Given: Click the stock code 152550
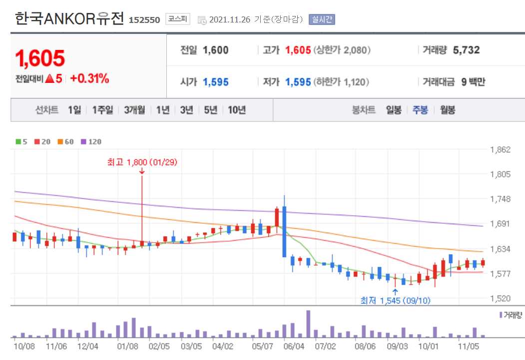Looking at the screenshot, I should click(144, 20).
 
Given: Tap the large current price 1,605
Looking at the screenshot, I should click(40, 58).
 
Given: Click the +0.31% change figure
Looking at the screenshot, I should click(89, 79).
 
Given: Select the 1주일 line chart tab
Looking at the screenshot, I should click(102, 110).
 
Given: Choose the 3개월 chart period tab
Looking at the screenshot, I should click(134, 110).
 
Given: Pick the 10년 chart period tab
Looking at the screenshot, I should click(237, 110).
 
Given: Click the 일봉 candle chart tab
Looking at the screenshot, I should click(394, 110).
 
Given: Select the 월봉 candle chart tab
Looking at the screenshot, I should click(448, 110).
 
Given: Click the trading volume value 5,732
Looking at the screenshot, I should click(466, 50).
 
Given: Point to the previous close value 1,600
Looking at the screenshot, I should click(216, 50).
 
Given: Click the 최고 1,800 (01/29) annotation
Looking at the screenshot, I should click(142, 162).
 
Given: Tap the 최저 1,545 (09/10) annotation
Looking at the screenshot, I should click(395, 301).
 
